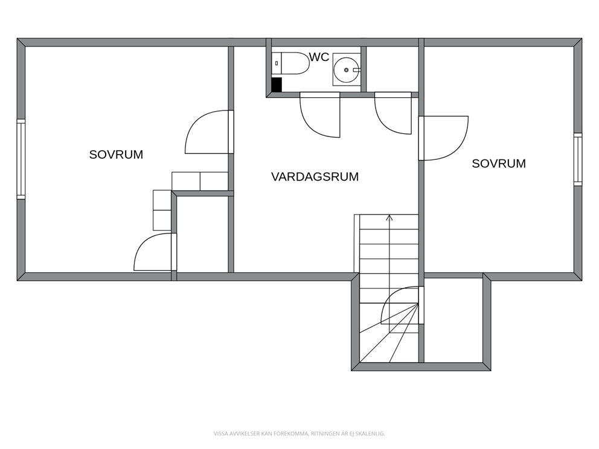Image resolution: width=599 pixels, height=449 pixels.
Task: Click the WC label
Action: pos(319,57)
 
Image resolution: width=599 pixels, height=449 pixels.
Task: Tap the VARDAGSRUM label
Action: pos(315,177)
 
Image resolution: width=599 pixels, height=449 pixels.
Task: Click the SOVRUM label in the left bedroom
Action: pos(116,154)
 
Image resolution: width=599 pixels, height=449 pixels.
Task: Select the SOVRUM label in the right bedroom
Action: pos(499,164)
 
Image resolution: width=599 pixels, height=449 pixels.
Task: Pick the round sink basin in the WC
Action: pos(346,70)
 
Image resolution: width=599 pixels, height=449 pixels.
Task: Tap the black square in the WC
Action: pos(277,84)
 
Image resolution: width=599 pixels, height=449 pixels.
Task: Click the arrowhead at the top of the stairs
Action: pos(389,218)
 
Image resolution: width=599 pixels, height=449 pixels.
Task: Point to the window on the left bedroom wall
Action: pos(21,159)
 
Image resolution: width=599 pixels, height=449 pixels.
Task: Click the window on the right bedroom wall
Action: pos(578,159)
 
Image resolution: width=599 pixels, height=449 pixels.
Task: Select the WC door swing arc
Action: pos(320,115)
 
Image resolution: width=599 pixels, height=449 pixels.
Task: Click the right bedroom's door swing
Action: pos(444,138)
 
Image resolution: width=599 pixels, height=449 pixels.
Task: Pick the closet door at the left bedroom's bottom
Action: pos(155,252)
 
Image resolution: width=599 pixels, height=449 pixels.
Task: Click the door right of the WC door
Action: pos(393,113)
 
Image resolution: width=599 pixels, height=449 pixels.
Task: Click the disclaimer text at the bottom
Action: pos(299,433)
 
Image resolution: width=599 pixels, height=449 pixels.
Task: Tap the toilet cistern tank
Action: pos(277,63)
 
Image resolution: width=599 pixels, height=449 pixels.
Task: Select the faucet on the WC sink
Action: pos(356,70)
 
